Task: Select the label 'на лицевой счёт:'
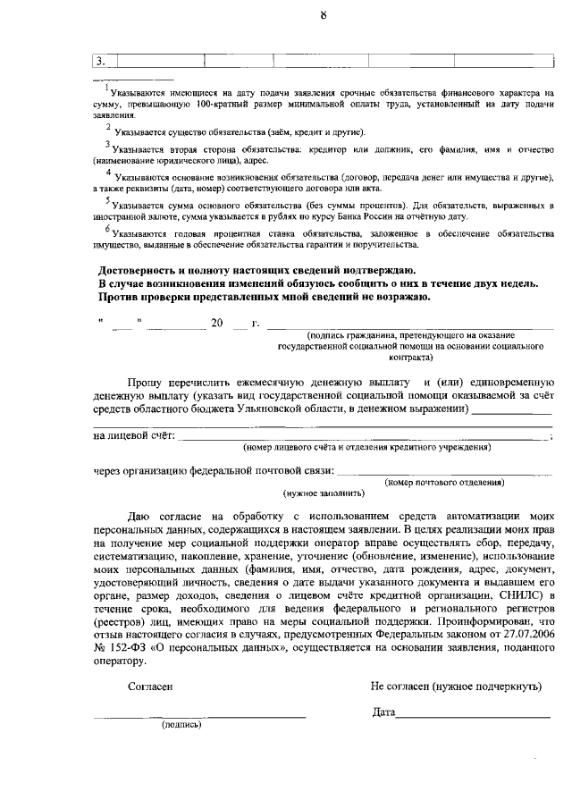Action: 135,435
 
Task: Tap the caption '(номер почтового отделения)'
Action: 444,482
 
